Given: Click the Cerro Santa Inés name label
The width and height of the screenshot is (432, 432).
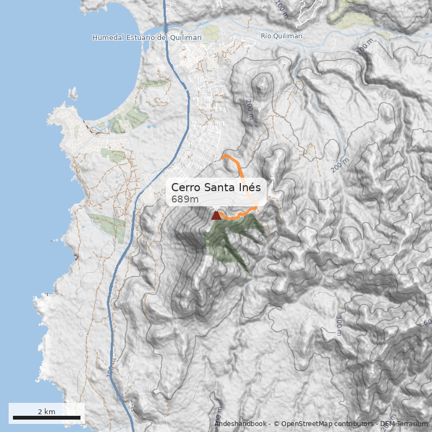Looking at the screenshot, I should (216, 187).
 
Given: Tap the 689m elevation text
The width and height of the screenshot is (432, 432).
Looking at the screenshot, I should (185, 199).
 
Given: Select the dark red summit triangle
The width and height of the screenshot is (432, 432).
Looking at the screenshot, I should (216, 215).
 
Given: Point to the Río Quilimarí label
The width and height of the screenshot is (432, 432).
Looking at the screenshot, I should (281, 36).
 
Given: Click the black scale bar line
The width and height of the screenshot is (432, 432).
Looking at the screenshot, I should (46, 417).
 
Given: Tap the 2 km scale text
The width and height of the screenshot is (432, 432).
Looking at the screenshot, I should (46, 411).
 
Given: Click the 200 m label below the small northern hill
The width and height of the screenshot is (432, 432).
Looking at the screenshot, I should (249, 108).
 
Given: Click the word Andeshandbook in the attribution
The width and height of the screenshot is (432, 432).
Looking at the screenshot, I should (240, 424).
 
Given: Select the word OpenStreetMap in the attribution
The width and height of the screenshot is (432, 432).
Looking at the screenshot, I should (305, 424).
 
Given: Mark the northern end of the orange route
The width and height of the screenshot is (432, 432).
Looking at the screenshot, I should (224, 157).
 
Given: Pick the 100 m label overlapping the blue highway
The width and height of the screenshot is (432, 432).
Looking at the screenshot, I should (111, 373).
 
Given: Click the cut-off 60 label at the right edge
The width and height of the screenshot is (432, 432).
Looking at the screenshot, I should (427, 322).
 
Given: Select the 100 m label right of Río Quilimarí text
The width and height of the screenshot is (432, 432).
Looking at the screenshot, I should (364, 47).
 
